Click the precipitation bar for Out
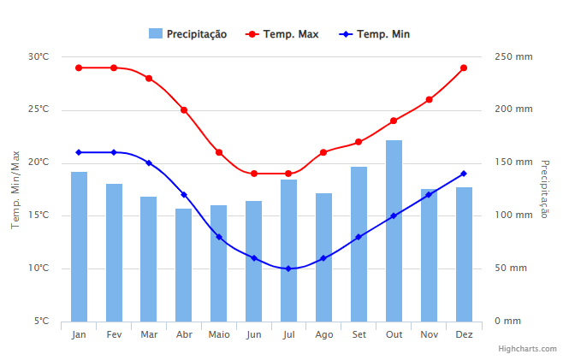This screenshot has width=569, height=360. point(394,231)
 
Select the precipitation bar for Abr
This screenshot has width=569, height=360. point(184,265)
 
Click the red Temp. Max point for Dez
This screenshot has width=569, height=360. point(464,68)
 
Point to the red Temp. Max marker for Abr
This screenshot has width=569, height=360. point(184,110)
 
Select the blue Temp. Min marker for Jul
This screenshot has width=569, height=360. point(288,269)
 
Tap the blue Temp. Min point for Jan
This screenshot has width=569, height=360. point(79,152)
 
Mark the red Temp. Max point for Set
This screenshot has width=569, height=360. point(359,142)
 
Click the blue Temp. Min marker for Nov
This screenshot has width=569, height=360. point(429,195)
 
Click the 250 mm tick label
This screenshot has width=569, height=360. point(513,57)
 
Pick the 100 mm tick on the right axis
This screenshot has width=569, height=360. point(513,215)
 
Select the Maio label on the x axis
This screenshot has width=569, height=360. point(219,334)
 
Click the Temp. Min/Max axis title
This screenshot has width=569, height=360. point(15,189)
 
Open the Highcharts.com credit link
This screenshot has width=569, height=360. point(528,349)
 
